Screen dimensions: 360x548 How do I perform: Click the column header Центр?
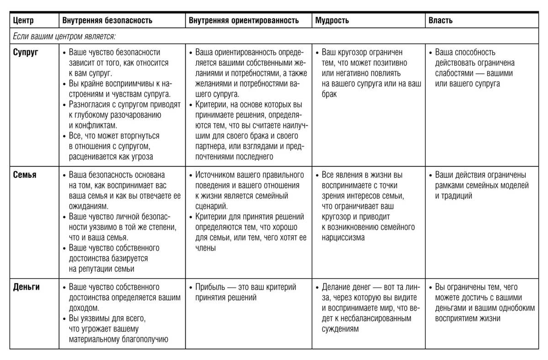(x=23, y=20)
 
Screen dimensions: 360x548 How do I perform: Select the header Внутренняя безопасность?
(x=107, y=20)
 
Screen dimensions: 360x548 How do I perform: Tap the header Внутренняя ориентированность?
(x=243, y=20)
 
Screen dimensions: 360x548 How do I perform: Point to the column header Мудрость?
(x=332, y=20)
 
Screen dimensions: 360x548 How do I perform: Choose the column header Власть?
(x=440, y=20)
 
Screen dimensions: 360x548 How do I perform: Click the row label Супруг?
(x=25, y=52)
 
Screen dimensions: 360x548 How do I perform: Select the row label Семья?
(x=25, y=175)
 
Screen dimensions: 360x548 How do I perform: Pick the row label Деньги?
(x=26, y=287)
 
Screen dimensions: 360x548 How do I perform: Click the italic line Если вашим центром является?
(x=64, y=37)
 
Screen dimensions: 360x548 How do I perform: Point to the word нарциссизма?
(x=343, y=238)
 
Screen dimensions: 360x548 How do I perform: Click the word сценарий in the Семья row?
(x=211, y=206)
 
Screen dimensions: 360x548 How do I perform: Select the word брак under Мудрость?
(x=329, y=94)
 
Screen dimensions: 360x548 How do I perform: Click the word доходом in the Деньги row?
(x=84, y=308)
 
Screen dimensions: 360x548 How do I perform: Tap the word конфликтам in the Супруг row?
(x=93, y=126)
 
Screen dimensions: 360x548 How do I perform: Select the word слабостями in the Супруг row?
(x=454, y=73)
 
